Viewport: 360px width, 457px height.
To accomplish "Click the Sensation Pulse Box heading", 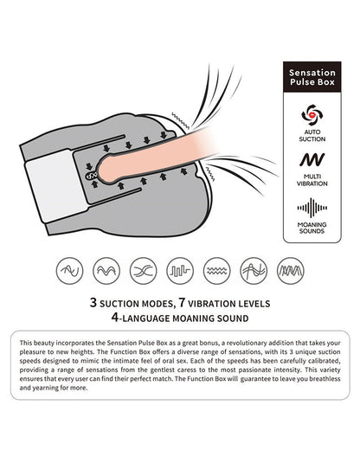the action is pyautogui.click(x=312, y=77).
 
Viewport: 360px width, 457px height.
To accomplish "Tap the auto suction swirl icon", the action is pyautogui.click(x=312, y=115).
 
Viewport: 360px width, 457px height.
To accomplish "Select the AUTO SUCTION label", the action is pyautogui.click(x=312, y=136).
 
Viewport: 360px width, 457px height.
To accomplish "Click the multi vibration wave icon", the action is pyautogui.click(x=312, y=159).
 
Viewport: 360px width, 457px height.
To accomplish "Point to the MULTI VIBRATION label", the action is pyautogui.click(x=312, y=180).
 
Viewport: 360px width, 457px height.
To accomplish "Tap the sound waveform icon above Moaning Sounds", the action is pyautogui.click(x=312, y=208).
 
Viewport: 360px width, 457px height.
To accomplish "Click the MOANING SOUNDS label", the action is pyautogui.click(x=312, y=228).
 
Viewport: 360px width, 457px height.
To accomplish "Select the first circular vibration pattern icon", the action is pyautogui.click(x=70, y=271).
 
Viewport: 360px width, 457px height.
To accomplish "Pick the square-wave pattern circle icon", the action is pyautogui.click(x=180, y=271).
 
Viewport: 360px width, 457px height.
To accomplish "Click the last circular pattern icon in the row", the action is pyautogui.click(x=290, y=271).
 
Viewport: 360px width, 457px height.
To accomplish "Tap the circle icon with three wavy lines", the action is pyautogui.click(x=217, y=271).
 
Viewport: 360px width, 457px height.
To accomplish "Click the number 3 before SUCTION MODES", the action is pyautogui.click(x=93, y=303).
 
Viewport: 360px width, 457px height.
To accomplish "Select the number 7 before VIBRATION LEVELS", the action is pyautogui.click(x=183, y=303).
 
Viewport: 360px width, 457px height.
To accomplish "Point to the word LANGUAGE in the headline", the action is pyautogui.click(x=146, y=319).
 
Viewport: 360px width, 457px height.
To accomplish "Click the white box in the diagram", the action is pyautogui.click(x=56, y=185).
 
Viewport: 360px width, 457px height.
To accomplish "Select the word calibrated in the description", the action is pyautogui.click(x=325, y=361).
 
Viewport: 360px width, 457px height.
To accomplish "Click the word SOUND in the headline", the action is pyautogui.click(x=233, y=319).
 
